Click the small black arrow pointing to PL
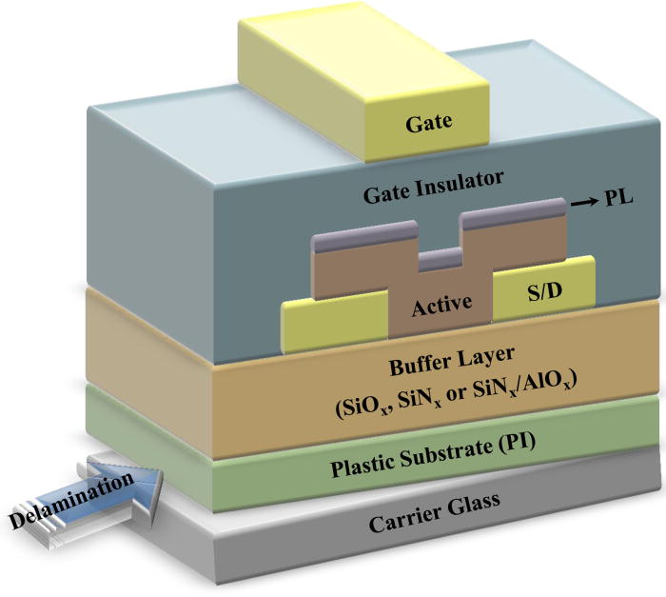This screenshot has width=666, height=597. pos(581,203)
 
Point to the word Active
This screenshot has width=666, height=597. pos(441,307)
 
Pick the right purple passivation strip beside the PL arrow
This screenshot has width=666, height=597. pos(514,221)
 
